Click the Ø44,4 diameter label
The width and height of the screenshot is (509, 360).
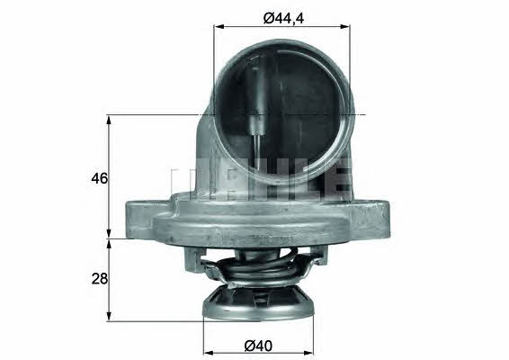point(283,18)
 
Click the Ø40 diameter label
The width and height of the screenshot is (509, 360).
point(258,346)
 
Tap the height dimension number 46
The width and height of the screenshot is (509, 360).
point(99,178)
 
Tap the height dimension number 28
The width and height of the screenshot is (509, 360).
point(99,278)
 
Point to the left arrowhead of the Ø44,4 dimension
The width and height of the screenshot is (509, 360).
point(219,27)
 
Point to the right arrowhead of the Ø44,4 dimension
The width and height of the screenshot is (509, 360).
point(344,27)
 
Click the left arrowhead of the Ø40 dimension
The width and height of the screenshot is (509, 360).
point(209,353)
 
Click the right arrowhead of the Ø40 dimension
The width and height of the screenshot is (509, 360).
point(308,353)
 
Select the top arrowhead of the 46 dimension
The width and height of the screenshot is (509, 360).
point(109,121)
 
